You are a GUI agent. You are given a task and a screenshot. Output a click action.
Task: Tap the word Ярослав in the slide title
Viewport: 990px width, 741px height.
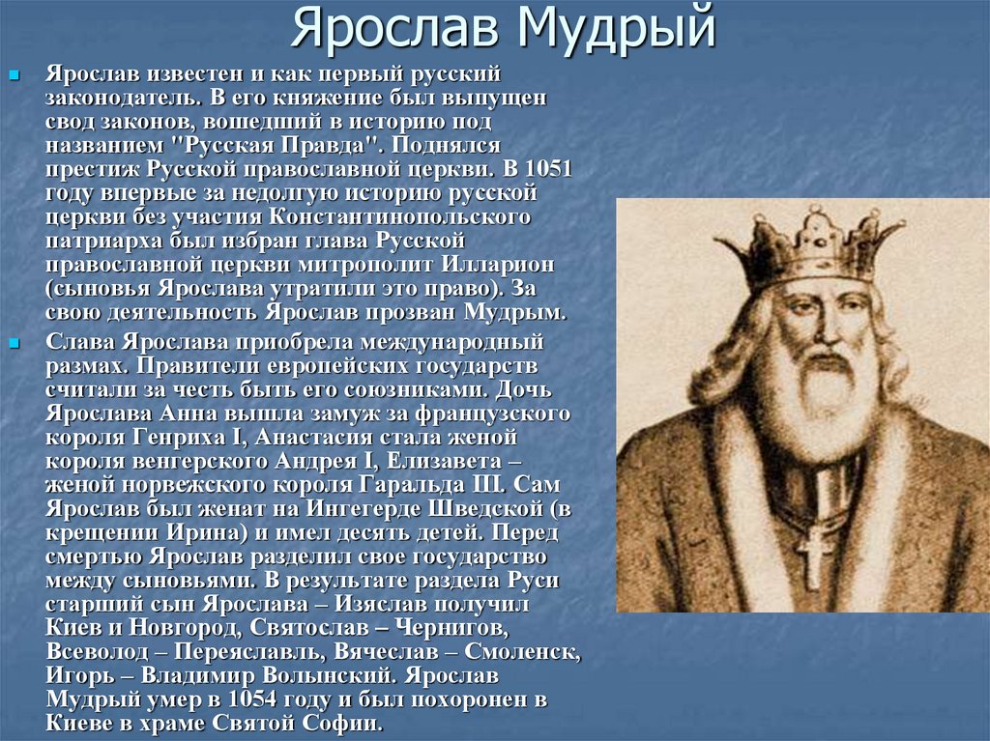[x=394, y=28]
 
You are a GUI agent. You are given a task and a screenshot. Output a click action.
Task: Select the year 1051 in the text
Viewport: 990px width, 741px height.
[x=548, y=169]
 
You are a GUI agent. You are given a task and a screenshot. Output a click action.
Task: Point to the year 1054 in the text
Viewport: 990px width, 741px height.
[x=252, y=699]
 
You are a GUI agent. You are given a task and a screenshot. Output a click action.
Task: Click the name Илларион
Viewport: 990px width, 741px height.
[x=498, y=265]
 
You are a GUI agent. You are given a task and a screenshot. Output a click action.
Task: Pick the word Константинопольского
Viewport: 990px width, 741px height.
[x=399, y=217]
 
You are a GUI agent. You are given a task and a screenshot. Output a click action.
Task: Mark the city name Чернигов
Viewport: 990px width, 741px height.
[x=451, y=628]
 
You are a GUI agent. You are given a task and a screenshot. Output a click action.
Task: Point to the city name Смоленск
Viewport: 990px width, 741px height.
[x=522, y=651]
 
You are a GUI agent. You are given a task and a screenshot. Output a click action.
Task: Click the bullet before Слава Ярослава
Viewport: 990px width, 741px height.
[x=14, y=343]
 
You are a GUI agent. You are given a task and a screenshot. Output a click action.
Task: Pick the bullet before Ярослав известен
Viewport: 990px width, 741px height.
[x=14, y=75]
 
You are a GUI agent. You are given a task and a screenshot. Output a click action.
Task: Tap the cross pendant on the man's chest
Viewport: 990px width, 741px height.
[x=814, y=555]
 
